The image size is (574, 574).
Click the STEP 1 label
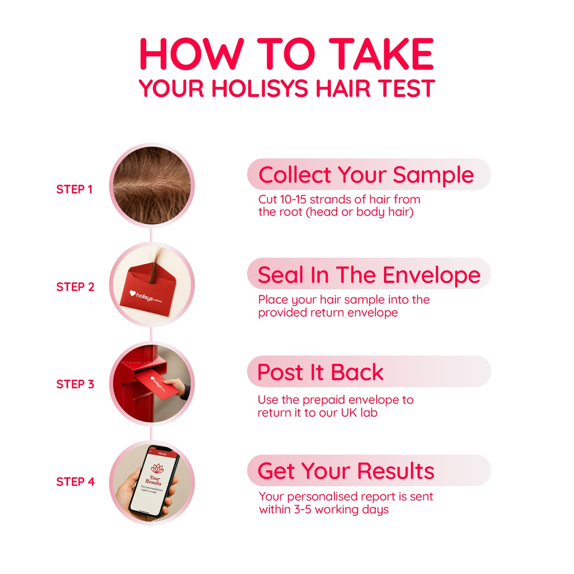pyautogui.click(x=74, y=189)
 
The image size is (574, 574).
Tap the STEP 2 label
pyautogui.click(x=75, y=287)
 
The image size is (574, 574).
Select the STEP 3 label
pyautogui.click(x=75, y=384)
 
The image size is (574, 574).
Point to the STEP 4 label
pyautogui.click(x=75, y=482)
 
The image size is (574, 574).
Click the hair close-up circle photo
pyautogui.click(x=152, y=186)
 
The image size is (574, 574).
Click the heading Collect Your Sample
pyautogui.click(x=366, y=175)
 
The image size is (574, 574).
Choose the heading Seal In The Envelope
pyautogui.click(x=369, y=275)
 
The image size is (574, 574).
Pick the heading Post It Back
pyautogui.click(x=320, y=372)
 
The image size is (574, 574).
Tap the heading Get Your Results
pyautogui.click(x=346, y=471)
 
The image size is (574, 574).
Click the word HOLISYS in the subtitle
pyautogui.click(x=260, y=88)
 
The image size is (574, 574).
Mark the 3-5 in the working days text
pyautogui.click(x=303, y=510)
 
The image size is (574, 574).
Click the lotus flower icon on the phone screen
pyautogui.click(x=157, y=469)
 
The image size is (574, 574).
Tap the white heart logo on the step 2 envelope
pyautogui.click(x=133, y=294)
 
